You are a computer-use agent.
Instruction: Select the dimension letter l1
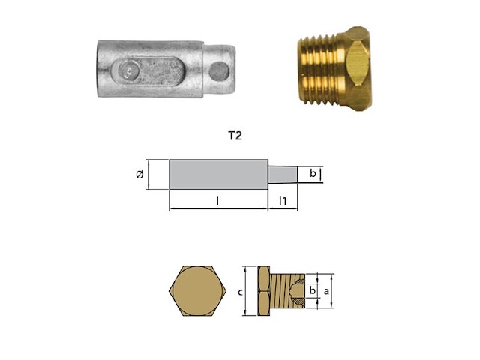282,200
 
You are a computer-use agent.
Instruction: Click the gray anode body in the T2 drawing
218,175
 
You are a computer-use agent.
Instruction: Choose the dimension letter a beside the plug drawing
325,289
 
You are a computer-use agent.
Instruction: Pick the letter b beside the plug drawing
313,289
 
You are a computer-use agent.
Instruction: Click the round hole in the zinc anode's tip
218,71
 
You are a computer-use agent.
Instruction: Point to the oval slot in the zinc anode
151,73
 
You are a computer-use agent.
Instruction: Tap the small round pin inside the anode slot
130,73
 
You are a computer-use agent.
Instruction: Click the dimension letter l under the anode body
217,201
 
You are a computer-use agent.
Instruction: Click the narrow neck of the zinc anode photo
217,71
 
